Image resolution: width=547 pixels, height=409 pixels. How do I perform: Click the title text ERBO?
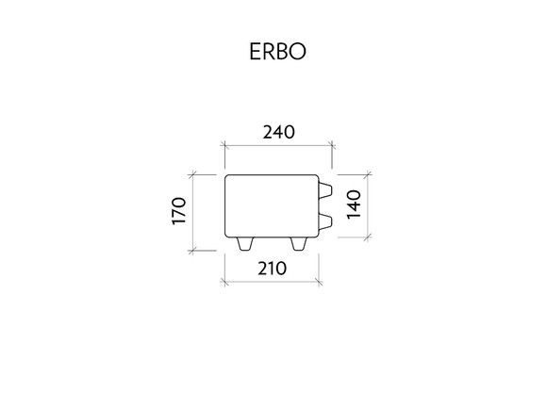(x=277, y=52)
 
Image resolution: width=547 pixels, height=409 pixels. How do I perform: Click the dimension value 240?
(x=279, y=132)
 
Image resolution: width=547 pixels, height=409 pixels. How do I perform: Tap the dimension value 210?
(x=273, y=269)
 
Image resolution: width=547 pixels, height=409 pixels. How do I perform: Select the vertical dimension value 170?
(x=179, y=211)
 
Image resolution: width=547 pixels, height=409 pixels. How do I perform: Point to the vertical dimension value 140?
(x=354, y=204)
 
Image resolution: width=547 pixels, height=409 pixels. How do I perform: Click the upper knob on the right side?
(x=324, y=190)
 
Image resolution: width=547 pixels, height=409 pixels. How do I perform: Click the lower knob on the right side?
(x=324, y=221)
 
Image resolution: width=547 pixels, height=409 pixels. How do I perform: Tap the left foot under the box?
(x=245, y=244)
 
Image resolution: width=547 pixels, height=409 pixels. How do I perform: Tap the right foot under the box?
(x=299, y=244)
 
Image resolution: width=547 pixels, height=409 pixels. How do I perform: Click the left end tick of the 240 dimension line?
(x=225, y=145)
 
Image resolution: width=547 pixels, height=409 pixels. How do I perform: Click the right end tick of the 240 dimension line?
(x=332, y=145)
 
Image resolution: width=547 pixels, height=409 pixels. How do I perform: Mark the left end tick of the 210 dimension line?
(x=225, y=282)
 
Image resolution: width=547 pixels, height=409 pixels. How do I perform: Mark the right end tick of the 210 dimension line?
(x=319, y=282)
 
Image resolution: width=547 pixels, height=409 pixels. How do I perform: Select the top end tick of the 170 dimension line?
(x=192, y=174)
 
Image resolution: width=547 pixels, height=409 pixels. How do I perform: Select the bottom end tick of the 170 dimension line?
(x=192, y=251)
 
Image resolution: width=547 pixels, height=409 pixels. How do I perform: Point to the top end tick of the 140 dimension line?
(x=368, y=174)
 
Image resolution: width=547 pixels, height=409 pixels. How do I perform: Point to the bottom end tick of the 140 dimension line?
(x=368, y=237)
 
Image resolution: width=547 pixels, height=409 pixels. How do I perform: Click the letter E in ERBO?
(x=255, y=52)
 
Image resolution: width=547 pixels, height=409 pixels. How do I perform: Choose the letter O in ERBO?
(x=297, y=52)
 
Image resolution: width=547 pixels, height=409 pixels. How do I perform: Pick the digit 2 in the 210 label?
(x=262, y=269)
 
